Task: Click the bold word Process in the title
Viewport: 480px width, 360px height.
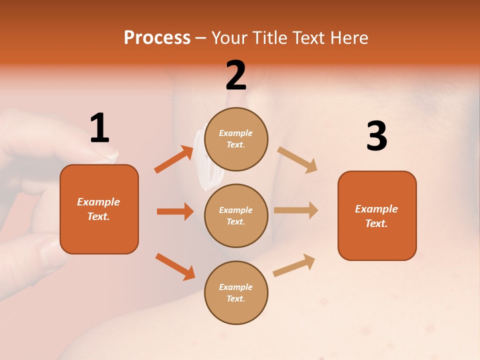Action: pos(157,37)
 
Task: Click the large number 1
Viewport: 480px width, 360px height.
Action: pos(99,128)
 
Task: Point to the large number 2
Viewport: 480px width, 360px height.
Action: pos(236,75)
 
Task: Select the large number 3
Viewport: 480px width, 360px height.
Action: pos(376,136)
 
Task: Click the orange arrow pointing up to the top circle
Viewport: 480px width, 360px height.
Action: pos(174,159)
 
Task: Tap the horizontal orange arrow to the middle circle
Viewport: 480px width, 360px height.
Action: pos(175,211)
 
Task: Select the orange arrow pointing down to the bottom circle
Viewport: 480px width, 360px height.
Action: pos(175,266)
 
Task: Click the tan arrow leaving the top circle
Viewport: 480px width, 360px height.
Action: pos(297,159)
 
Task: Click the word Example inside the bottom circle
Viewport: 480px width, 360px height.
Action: pos(235,287)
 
